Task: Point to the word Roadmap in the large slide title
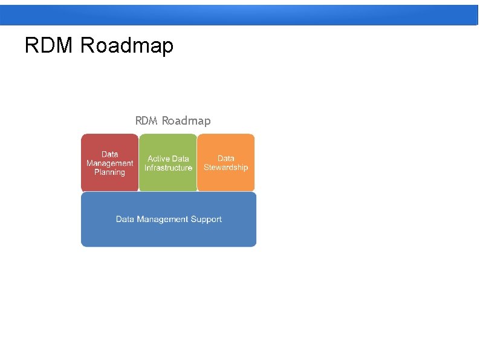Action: [126, 45]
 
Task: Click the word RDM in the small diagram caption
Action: [146, 121]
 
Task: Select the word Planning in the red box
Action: [109, 172]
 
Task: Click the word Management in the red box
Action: [109, 163]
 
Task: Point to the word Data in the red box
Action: [109, 154]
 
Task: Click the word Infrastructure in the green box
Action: [168, 168]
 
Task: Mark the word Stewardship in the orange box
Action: [225, 168]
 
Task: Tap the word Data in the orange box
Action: [225, 159]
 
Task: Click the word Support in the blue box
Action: [206, 219]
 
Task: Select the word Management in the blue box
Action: [161, 219]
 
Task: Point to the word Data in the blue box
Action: [125, 219]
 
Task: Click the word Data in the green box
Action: [181, 159]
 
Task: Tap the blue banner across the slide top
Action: [240, 15]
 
